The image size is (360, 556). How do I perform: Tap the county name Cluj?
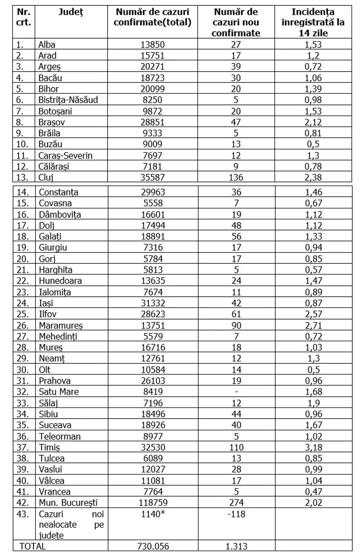click(x=46, y=177)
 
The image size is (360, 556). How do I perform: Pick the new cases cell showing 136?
click(x=236, y=177)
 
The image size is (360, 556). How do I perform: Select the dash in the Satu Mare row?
click(x=236, y=392)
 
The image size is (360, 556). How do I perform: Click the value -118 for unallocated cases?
click(x=236, y=514)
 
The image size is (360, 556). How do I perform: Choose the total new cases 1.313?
click(x=236, y=546)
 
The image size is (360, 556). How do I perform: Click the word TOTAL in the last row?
click(x=32, y=546)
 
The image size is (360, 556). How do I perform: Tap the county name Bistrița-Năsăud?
click(x=68, y=100)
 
